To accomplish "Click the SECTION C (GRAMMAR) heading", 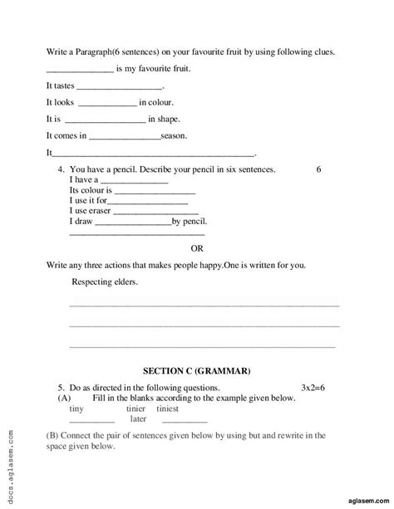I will [x=196, y=370].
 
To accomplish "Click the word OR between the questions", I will [x=198, y=247].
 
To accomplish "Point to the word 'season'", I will [x=174, y=135].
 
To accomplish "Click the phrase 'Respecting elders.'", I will [x=106, y=282].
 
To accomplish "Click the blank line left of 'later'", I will [x=92, y=421].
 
